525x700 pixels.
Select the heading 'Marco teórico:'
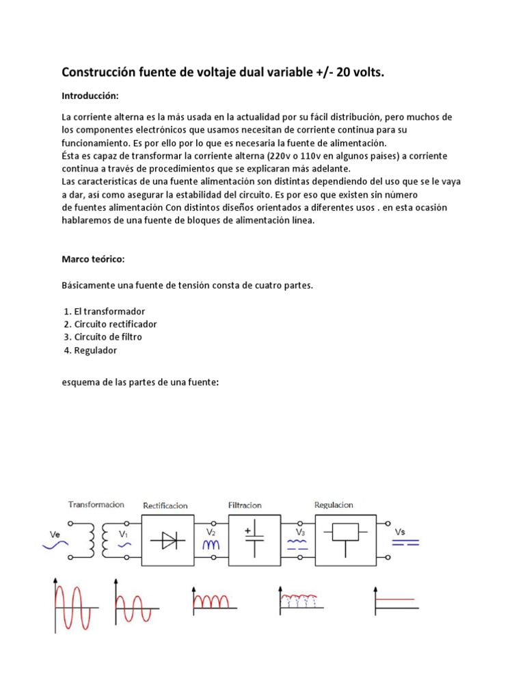tap(94, 260)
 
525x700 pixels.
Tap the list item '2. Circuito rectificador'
tap(110, 324)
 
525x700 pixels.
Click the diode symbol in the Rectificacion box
tap(168, 541)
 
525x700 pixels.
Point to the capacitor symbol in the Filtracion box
tap(254, 540)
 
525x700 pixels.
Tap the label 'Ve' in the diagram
tap(56, 533)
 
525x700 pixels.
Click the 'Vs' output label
tap(400, 531)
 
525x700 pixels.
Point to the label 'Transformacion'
tap(96, 504)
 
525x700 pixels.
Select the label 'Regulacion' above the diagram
tap(334, 505)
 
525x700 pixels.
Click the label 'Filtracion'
tap(245, 506)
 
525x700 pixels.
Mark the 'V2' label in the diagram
tap(211, 531)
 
